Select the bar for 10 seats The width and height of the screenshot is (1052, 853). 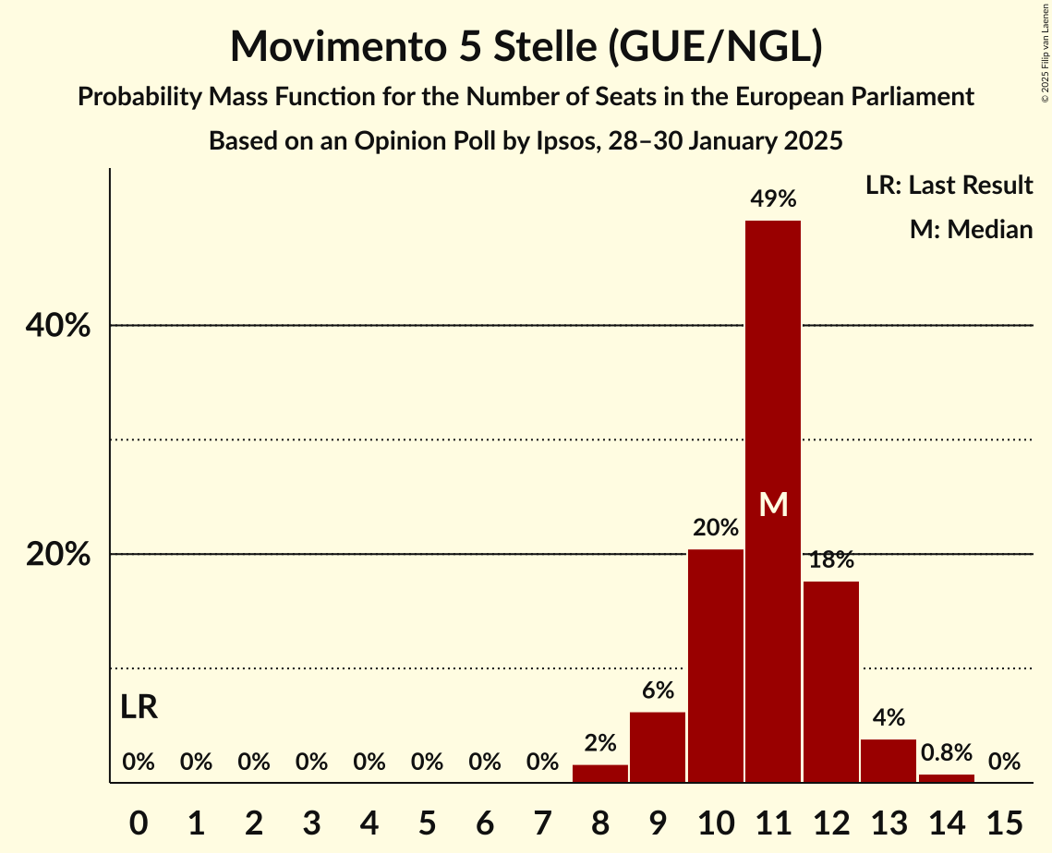(x=715, y=666)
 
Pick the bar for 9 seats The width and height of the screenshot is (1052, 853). (x=658, y=747)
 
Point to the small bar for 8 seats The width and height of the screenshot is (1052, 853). (x=600, y=774)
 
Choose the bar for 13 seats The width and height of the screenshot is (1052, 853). (x=889, y=761)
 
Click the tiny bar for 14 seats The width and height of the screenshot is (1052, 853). (x=946, y=778)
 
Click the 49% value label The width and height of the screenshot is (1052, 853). (x=773, y=198)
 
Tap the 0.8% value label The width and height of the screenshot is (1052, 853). (x=946, y=752)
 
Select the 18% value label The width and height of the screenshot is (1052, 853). (x=831, y=559)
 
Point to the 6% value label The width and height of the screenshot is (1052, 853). (x=658, y=691)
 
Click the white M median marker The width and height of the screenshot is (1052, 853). (x=773, y=505)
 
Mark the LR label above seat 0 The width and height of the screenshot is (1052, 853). (x=139, y=708)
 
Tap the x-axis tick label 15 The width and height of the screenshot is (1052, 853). (x=1004, y=821)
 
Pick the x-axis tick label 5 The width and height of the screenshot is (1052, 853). (x=427, y=821)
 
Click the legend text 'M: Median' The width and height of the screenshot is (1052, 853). (x=971, y=229)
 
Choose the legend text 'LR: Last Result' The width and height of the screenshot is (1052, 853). (x=949, y=186)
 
